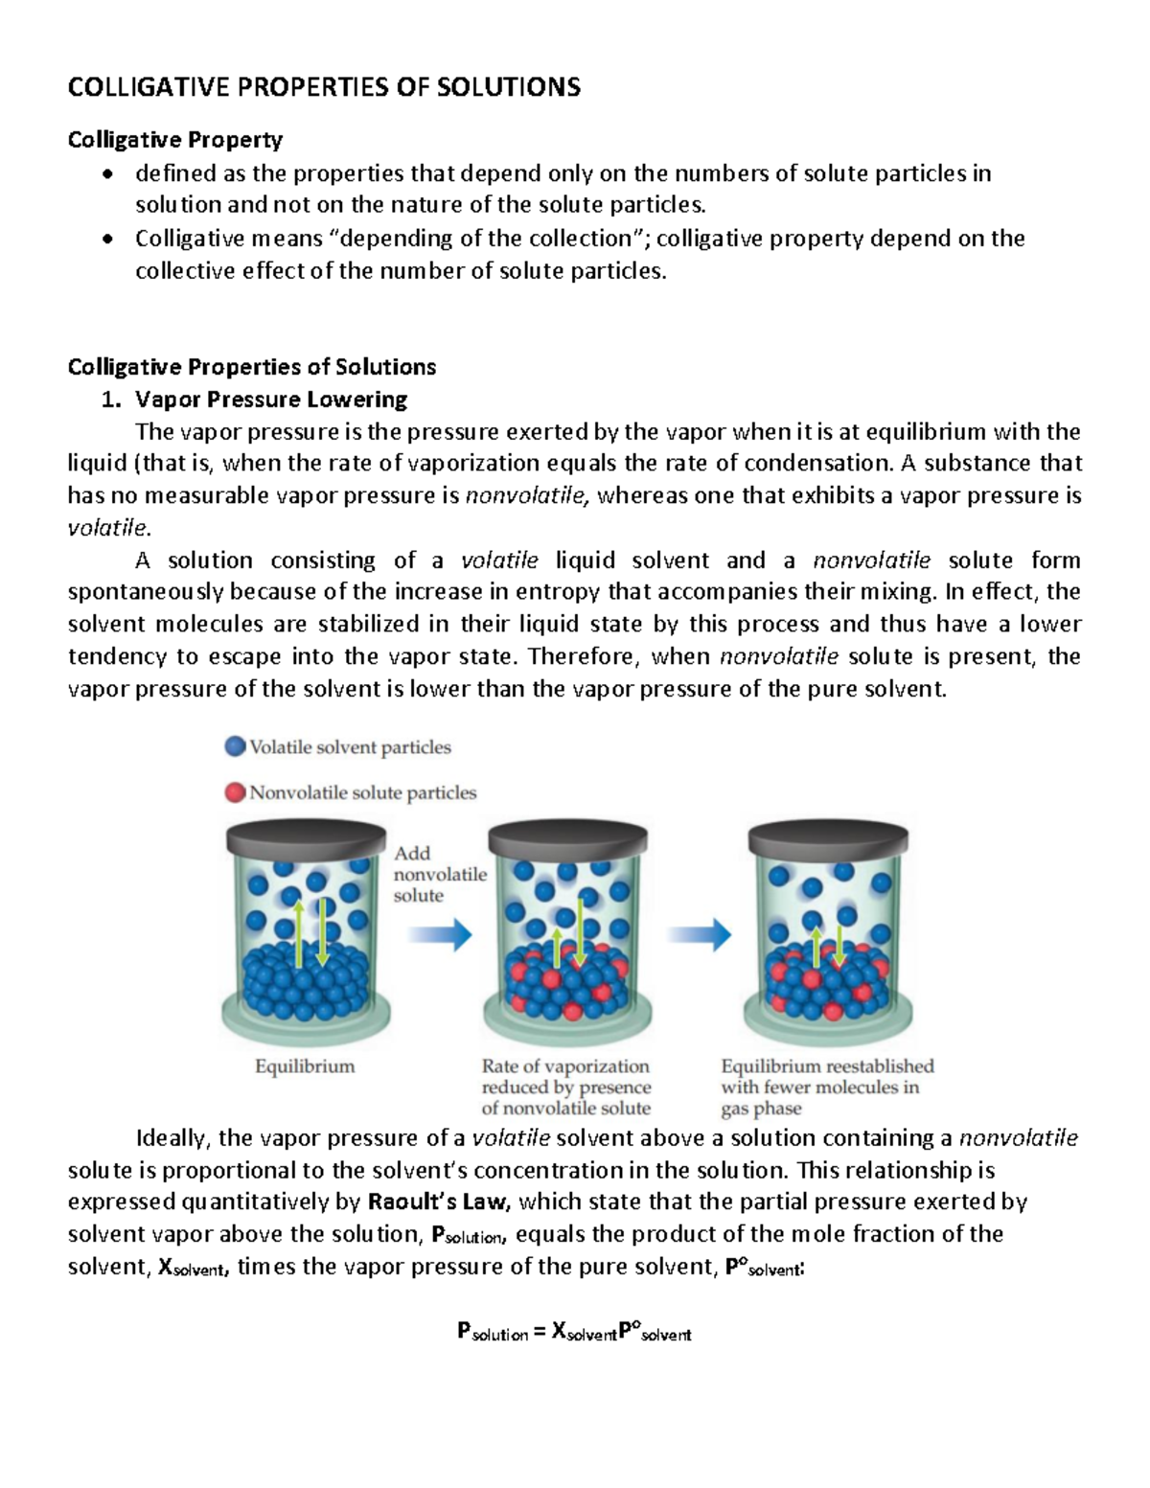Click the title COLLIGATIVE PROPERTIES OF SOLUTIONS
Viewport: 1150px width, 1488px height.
324,87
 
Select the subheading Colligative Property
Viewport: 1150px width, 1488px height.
174,140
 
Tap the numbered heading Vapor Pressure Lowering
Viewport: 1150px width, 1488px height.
271,399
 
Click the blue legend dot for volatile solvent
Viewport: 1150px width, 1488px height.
235,746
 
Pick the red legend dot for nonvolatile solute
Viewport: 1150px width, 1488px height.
235,792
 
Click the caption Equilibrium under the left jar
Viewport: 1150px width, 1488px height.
305,1066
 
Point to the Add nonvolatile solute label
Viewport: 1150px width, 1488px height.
439,874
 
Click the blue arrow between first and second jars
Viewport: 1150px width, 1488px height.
440,933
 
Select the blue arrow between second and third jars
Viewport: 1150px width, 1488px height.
699,933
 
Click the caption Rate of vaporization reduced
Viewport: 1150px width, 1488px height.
565,1087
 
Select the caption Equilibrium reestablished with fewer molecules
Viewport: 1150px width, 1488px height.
826,1087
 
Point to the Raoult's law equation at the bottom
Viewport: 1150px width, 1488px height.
574,1332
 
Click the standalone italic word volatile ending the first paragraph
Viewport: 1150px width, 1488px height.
108,528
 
